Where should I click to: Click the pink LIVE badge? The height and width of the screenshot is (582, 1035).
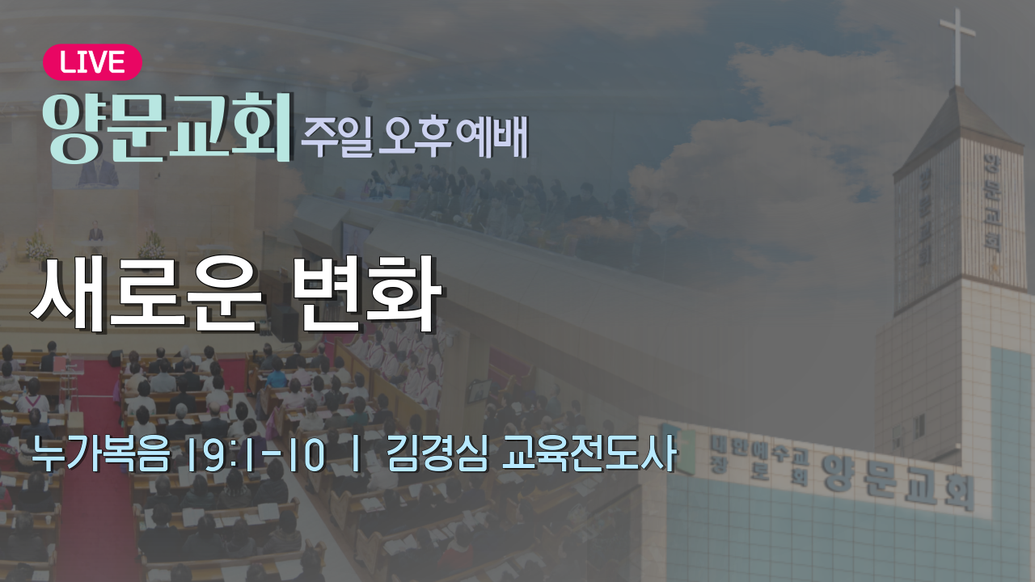click(92, 62)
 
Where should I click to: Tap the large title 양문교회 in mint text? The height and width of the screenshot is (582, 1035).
click(167, 128)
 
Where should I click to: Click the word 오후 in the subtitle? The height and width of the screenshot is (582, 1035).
click(415, 137)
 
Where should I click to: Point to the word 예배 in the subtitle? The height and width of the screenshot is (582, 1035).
click(492, 137)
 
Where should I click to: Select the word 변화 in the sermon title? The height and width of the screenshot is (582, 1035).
click(368, 294)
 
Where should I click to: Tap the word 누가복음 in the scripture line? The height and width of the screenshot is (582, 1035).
click(101, 454)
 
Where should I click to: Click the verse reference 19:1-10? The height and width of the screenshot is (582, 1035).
click(257, 455)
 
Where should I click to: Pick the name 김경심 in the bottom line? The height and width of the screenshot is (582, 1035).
click(437, 454)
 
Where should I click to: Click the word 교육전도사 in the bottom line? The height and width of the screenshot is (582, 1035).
click(590, 454)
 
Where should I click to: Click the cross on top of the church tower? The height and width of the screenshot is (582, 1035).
click(957, 46)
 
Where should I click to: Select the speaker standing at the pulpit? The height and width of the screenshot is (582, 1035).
click(95, 234)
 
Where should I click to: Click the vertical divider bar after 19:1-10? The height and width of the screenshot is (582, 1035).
click(356, 455)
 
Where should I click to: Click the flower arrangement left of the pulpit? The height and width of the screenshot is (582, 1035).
click(40, 247)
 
